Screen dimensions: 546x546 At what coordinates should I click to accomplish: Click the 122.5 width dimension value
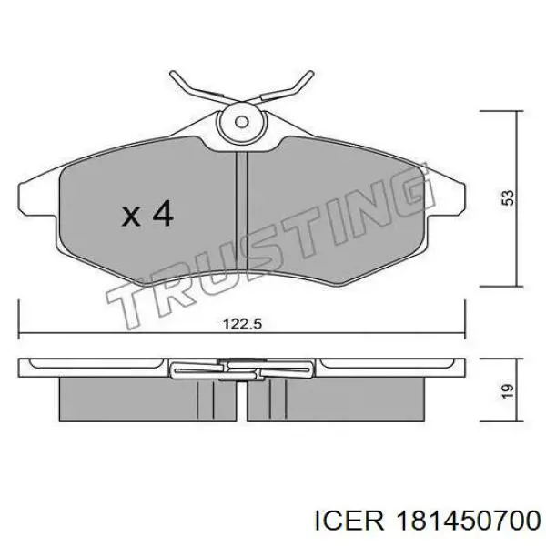[242, 325]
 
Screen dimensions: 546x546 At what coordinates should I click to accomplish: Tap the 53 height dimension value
[508, 197]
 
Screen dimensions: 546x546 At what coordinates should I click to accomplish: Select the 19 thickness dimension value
[508, 391]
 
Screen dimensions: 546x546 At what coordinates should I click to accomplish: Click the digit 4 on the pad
[162, 213]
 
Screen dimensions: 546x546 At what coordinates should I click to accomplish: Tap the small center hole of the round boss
[241, 122]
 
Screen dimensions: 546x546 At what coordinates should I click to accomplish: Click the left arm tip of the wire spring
[172, 74]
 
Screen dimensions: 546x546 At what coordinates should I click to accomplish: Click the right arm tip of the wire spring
[311, 74]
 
